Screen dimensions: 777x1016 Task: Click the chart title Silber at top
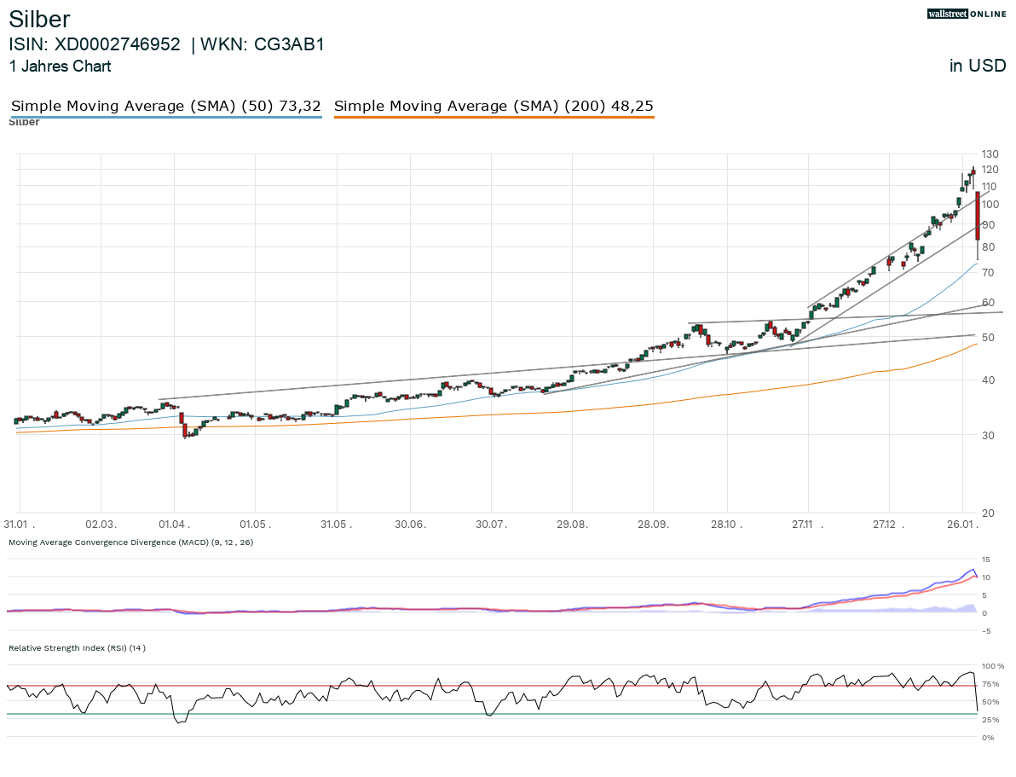point(39,20)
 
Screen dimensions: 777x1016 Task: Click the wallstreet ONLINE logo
point(967,14)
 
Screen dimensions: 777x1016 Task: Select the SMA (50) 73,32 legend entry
point(166,106)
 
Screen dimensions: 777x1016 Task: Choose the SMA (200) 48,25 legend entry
point(494,106)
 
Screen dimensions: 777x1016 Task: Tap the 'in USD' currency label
point(977,66)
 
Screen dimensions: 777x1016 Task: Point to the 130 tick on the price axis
point(990,154)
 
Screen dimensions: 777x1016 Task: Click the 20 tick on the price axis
point(987,513)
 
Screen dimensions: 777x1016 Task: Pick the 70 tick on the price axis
point(987,272)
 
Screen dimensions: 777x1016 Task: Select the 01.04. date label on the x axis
point(175,524)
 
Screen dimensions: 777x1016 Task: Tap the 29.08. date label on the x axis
point(572,524)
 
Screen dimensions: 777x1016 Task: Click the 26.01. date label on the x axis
point(962,524)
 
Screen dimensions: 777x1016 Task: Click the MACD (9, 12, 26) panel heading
point(130,542)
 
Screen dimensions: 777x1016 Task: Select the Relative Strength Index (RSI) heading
point(77,647)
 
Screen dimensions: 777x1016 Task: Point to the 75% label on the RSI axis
point(992,684)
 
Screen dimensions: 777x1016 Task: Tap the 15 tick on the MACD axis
point(985,560)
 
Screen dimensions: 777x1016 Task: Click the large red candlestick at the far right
point(977,216)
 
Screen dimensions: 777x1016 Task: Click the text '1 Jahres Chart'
point(60,66)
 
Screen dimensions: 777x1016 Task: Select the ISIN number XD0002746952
point(118,44)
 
